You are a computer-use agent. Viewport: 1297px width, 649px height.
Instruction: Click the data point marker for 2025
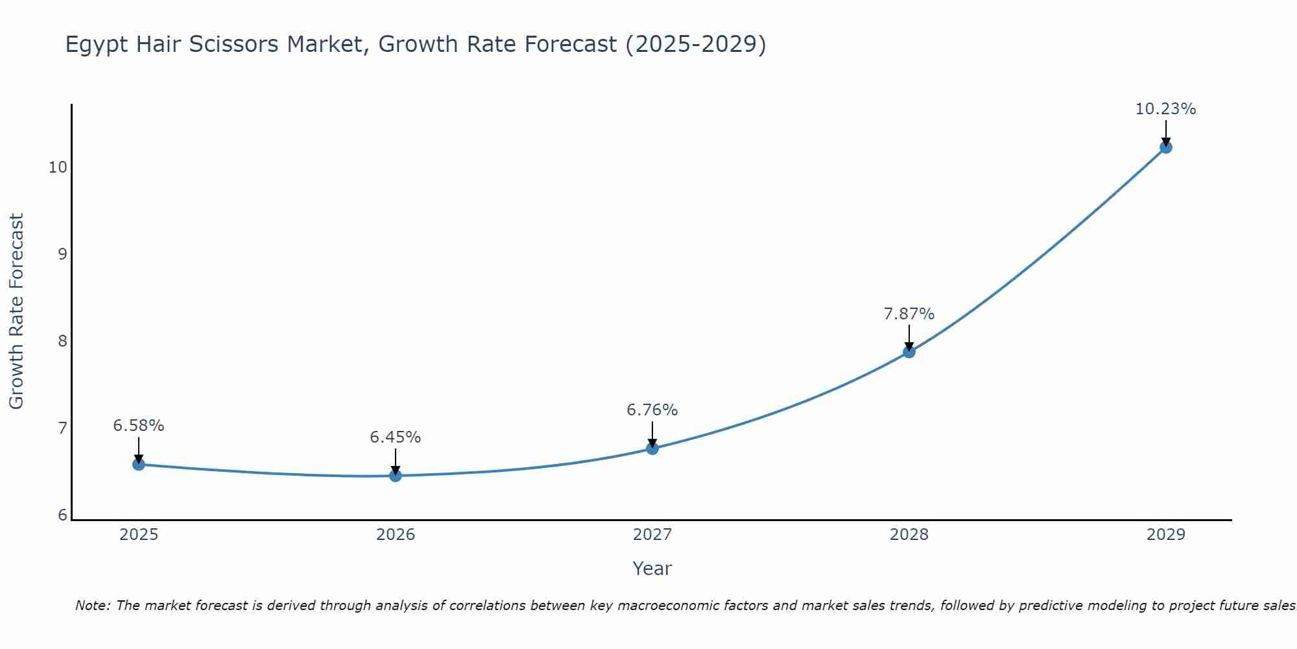pyautogui.click(x=138, y=464)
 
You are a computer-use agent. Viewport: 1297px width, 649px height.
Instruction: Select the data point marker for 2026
pyautogui.click(x=395, y=476)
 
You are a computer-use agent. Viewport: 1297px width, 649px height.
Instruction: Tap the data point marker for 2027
pyautogui.click(x=652, y=448)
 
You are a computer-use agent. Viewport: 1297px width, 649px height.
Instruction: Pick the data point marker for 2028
pyautogui.click(x=909, y=352)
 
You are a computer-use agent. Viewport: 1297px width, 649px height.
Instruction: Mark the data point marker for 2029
pyautogui.click(x=1165, y=147)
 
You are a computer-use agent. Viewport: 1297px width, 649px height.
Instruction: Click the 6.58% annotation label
pyautogui.click(x=138, y=426)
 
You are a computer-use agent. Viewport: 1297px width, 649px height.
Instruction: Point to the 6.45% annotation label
pyautogui.click(x=395, y=437)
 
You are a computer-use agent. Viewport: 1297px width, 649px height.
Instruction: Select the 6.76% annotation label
pyautogui.click(x=652, y=410)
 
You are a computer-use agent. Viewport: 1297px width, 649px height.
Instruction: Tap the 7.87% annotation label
pyautogui.click(x=909, y=314)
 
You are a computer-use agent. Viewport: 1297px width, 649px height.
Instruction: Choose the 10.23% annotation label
pyautogui.click(x=1165, y=109)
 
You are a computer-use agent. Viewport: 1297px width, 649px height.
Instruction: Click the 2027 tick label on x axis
pyautogui.click(x=652, y=535)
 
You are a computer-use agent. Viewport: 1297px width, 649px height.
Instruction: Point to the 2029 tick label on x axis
pyautogui.click(x=1165, y=535)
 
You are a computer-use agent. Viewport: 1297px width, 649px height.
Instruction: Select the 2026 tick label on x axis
pyautogui.click(x=395, y=535)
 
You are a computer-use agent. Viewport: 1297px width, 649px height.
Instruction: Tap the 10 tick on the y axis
pyautogui.click(x=58, y=167)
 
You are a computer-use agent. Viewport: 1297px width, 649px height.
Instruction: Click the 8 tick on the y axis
pyautogui.click(x=62, y=341)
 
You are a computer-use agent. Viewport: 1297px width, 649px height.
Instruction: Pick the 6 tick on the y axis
pyautogui.click(x=62, y=515)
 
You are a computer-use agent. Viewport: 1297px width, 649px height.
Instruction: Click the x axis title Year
pyautogui.click(x=652, y=569)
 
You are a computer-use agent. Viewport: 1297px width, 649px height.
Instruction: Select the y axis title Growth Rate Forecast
pyautogui.click(x=17, y=312)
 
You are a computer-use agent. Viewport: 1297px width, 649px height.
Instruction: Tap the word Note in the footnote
pyautogui.click(x=91, y=606)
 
